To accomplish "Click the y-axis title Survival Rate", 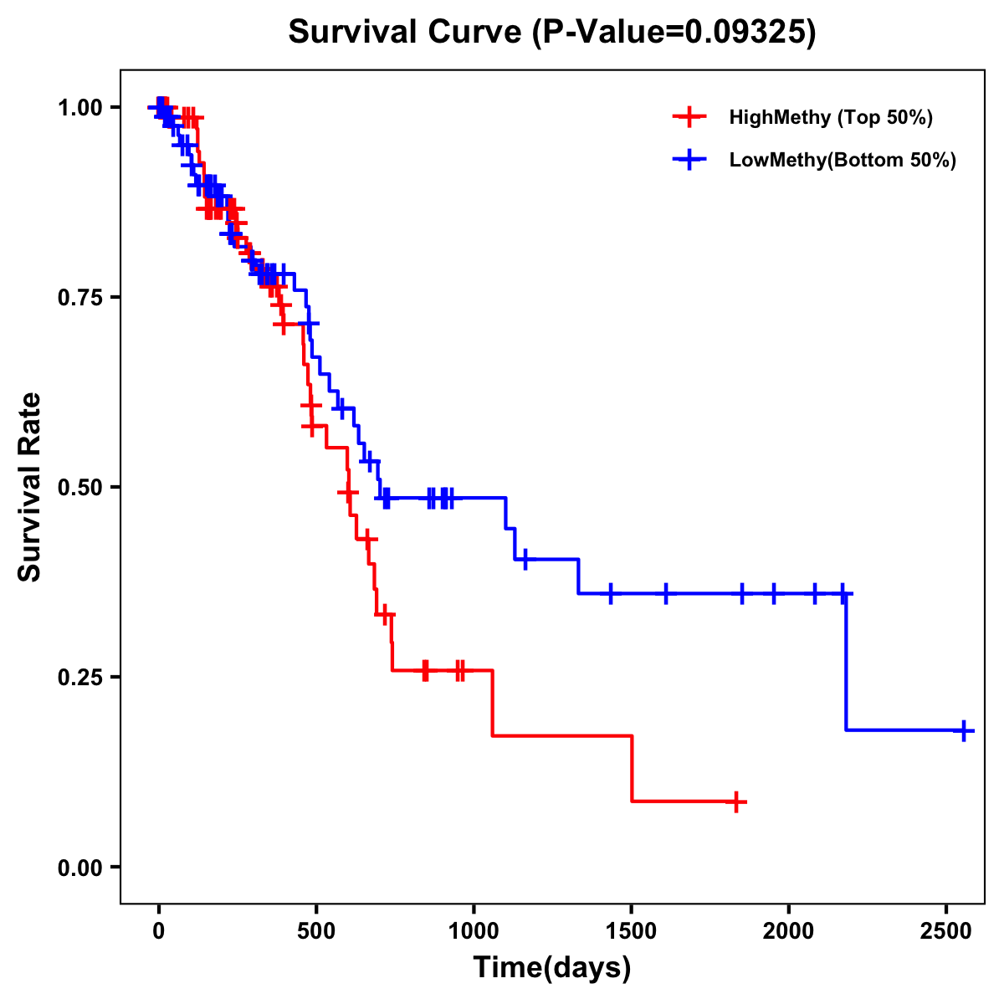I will click(x=30, y=486).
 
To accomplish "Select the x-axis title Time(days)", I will click(x=551, y=967).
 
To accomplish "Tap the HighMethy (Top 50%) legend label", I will click(x=830, y=117).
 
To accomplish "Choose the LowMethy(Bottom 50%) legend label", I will click(x=842, y=161).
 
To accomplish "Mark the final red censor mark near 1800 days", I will click(x=735, y=802).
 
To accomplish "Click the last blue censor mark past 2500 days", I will click(x=963, y=730).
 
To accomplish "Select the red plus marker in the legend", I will click(x=688, y=117).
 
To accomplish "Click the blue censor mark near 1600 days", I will click(x=666, y=593).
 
